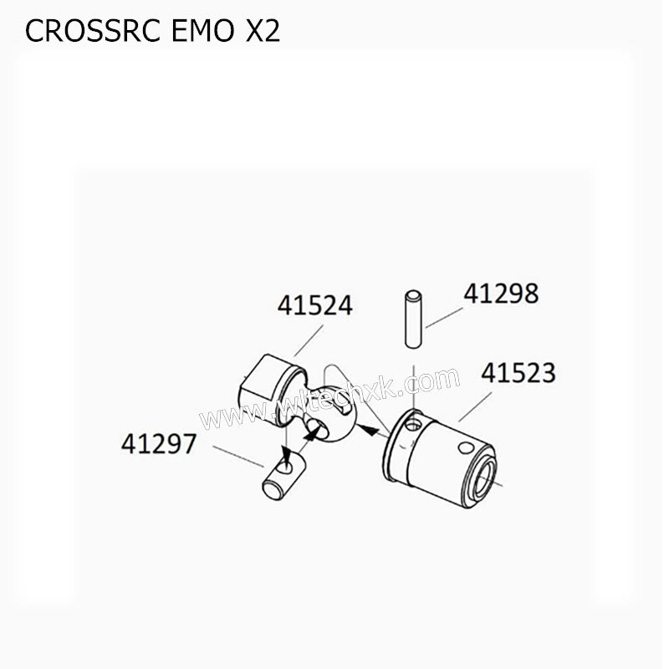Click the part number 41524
[x=314, y=306]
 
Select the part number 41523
[x=518, y=373]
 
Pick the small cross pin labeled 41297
[x=281, y=482]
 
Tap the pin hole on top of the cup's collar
[x=413, y=425]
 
